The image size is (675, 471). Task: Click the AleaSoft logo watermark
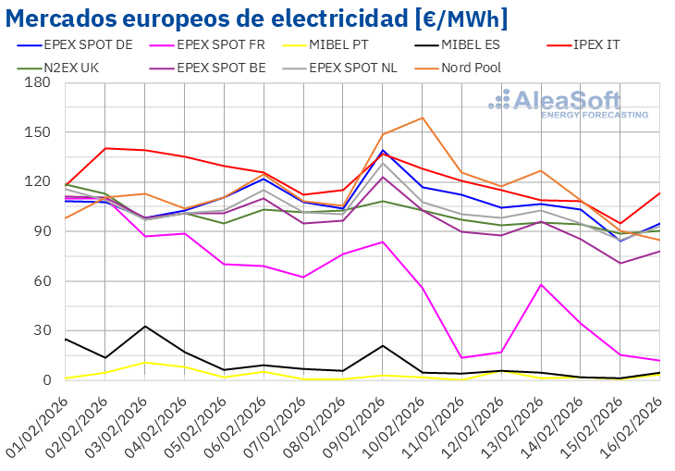point(568,105)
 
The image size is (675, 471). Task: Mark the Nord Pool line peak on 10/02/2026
point(423,118)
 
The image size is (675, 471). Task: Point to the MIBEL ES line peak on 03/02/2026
point(145,326)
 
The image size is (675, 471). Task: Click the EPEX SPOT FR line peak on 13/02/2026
point(540,284)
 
